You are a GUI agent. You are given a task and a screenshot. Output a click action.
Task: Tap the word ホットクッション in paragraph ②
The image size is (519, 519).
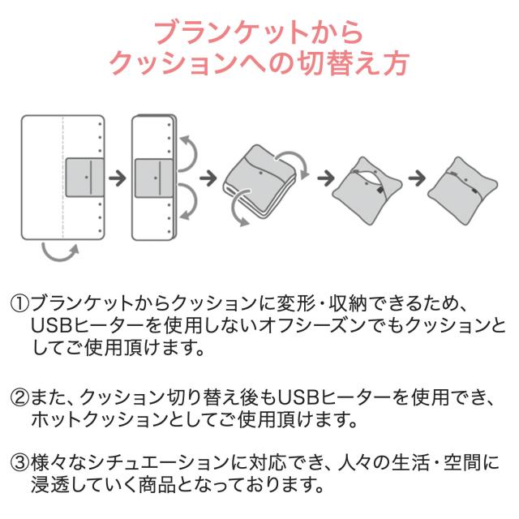[100, 419]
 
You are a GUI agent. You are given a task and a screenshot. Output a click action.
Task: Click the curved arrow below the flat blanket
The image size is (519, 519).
[60, 255]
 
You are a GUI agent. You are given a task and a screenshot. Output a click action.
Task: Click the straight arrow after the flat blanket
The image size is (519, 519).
[118, 178]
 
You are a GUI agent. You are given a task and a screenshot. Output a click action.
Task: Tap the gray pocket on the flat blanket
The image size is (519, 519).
[84, 178]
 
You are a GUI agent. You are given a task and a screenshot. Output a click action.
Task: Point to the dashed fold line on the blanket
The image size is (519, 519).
[63, 178]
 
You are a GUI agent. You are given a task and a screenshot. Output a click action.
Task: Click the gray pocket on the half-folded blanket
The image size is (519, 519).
[154, 178]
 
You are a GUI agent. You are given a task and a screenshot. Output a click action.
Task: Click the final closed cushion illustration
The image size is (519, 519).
[463, 191]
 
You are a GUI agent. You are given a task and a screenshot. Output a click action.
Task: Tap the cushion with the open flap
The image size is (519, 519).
[367, 191]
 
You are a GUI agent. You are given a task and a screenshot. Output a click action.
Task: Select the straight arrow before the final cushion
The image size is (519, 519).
[417, 178]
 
